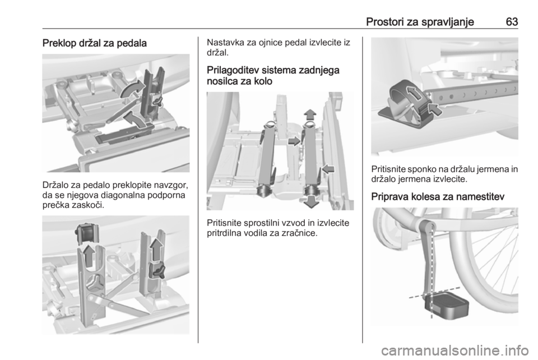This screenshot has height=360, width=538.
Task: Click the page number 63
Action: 512,22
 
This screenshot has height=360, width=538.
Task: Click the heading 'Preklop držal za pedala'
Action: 94,43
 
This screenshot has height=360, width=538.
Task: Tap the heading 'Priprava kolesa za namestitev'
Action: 438,197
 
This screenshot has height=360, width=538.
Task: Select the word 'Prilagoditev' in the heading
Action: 233,70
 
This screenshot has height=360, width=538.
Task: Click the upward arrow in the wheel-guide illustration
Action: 310,114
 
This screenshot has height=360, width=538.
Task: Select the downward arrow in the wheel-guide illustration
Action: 311,202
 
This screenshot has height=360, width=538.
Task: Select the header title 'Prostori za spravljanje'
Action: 420,22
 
